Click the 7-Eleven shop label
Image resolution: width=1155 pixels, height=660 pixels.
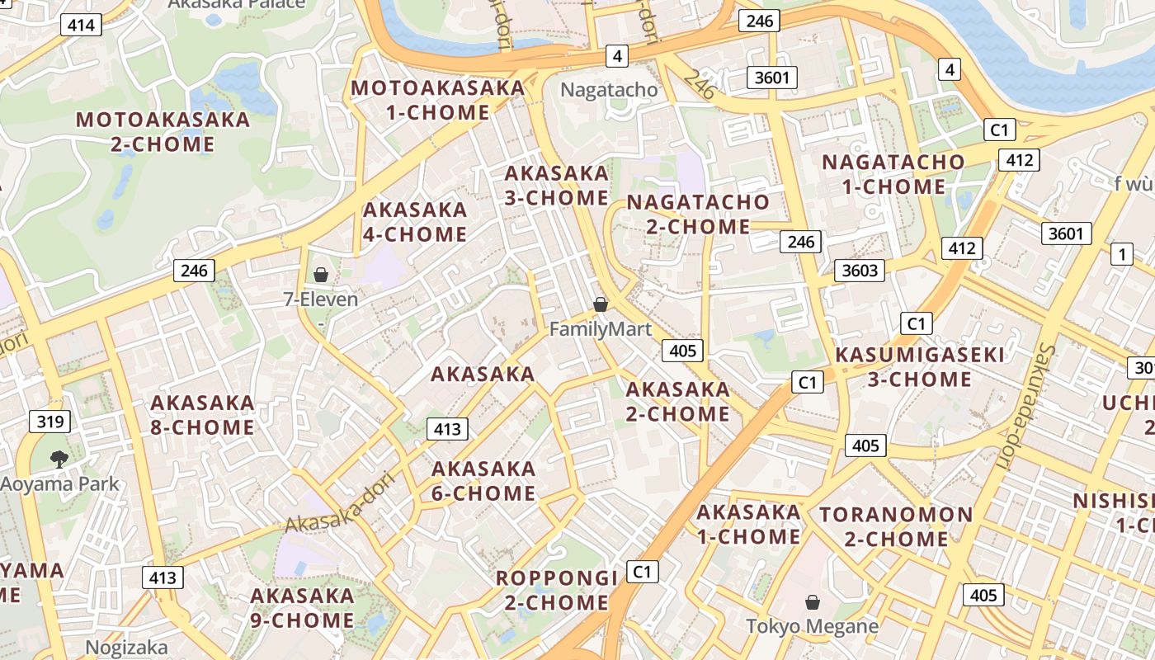(x=321, y=299)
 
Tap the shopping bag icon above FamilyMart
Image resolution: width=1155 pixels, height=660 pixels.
(x=601, y=304)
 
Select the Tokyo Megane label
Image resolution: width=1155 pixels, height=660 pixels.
(x=812, y=626)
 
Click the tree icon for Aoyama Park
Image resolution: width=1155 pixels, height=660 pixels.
(x=59, y=459)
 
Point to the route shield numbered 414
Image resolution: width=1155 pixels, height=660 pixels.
(x=81, y=25)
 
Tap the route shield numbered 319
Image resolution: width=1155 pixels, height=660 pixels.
(x=49, y=422)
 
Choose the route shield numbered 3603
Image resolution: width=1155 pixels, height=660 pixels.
(x=859, y=270)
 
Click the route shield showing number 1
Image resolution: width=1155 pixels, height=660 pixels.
(x=1121, y=254)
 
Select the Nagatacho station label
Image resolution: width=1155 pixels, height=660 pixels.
(x=609, y=90)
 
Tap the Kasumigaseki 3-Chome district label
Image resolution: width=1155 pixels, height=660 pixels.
(x=920, y=367)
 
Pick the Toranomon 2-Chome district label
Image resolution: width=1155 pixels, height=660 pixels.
(x=896, y=526)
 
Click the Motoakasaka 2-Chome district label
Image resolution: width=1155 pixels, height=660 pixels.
(x=163, y=131)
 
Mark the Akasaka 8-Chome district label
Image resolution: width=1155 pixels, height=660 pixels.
(x=202, y=415)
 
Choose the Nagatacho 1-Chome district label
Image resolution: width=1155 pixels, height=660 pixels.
(x=893, y=174)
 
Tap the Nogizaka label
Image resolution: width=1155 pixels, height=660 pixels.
(x=126, y=648)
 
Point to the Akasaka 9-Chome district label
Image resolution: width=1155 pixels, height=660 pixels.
(x=302, y=607)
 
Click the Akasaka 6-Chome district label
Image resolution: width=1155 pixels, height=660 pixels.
(x=483, y=481)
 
